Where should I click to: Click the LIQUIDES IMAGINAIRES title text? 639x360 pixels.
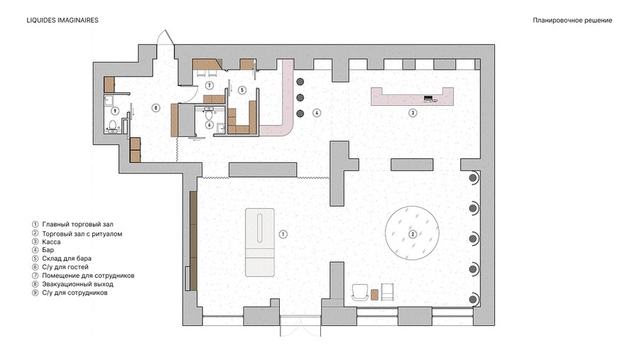pyautogui.click(x=62, y=20)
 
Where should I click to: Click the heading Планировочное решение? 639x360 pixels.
pyautogui.click(x=572, y=21)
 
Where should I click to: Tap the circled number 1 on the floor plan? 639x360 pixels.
pyautogui.click(x=283, y=234)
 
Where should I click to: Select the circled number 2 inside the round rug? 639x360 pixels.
pyautogui.click(x=413, y=234)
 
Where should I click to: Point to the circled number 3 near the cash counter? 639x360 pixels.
pyautogui.click(x=413, y=112)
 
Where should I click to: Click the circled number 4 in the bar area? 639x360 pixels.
pyautogui.click(x=317, y=113)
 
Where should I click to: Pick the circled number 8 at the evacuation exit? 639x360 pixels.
pyautogui.click(x=155, y=108)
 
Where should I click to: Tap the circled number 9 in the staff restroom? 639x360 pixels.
pyautogui.click(x=115, y=111)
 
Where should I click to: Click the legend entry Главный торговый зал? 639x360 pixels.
pyautogui.click(x=78, y=224)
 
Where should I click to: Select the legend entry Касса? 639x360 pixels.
pyautogui.click(x=51, y=241)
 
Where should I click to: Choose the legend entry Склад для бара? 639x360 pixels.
pyautogui.click(x=67, y=258)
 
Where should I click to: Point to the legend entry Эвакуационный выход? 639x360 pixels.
pyautogui.click(x=78, y=284)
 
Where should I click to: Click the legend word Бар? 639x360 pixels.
pyautogui.click(x=48, y=250)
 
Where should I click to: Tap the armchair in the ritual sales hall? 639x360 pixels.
pyautogui.click(x=360, y=293)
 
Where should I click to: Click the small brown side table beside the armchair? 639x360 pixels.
pyautogui.click(x=376, y=295)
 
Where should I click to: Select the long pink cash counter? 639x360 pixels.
pyautogui.click(x=412, y=97)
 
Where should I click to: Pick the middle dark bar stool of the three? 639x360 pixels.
pyautogui.click(x=300, y=98)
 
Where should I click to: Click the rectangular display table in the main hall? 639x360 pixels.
pyautogui.click(x=260, y=243)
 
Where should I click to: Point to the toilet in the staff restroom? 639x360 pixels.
pyautogui.click(x=113, y=124)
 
